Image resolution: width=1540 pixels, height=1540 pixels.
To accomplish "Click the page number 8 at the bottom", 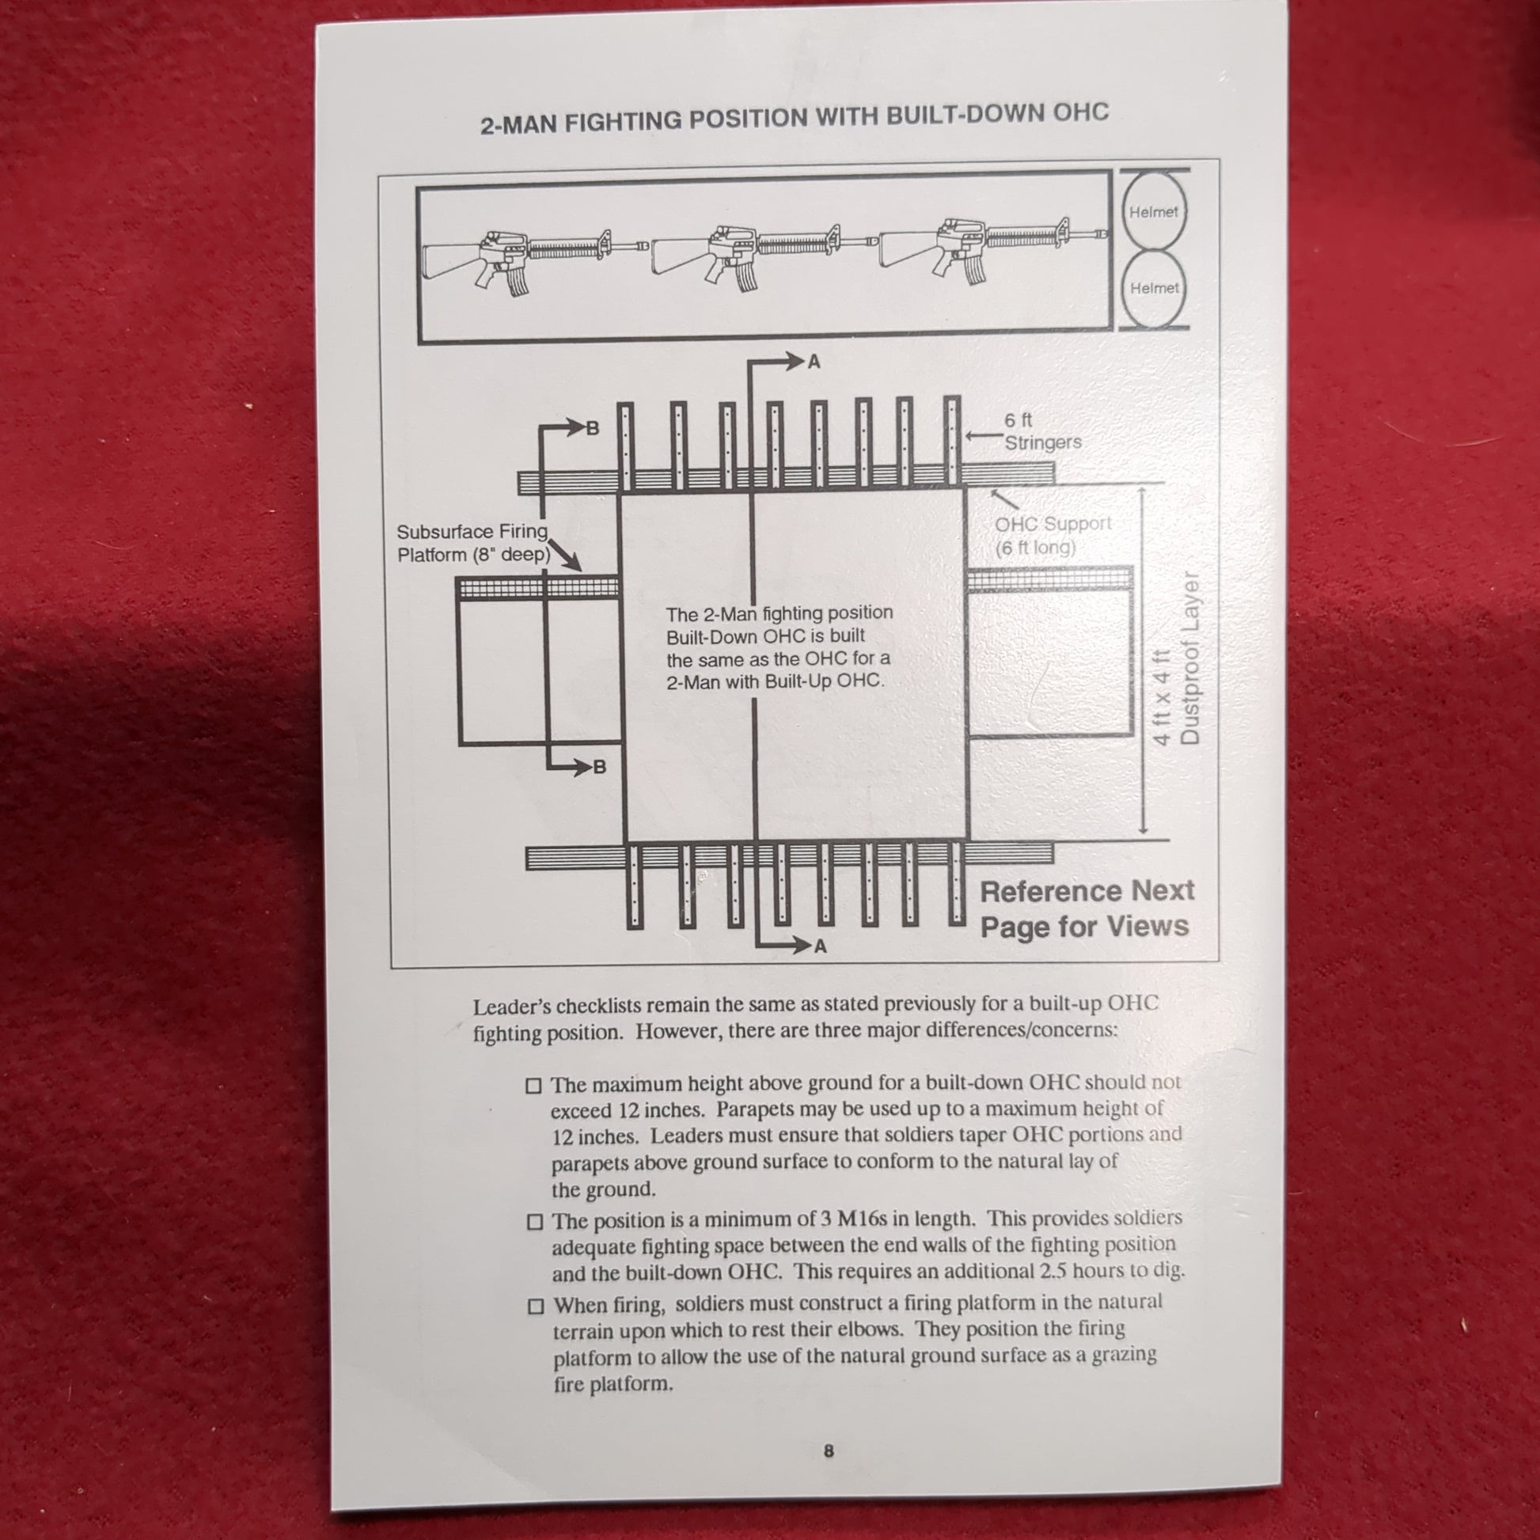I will tap(829, 1451).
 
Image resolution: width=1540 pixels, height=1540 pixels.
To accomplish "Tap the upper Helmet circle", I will tap(1152, 211).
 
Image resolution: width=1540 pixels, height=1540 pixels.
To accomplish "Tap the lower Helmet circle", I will tap(1153, 288).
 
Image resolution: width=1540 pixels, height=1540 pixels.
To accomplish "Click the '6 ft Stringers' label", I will tap(1041, 431).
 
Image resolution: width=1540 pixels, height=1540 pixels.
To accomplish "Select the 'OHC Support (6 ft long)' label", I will tap(1053, 535).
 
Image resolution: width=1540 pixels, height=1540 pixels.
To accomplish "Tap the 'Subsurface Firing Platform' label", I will tap(472, 542).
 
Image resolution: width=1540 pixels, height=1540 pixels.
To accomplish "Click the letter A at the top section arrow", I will tap(814, 362).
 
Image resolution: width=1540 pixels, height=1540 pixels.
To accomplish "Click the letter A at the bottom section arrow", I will tap(820, 947).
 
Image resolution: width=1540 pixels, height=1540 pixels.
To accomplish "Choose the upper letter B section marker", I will tap(592, 428).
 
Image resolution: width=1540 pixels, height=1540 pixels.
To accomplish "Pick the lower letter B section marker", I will tap(599, 768).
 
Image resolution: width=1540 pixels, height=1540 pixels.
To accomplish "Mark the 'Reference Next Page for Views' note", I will tap(1087, 908).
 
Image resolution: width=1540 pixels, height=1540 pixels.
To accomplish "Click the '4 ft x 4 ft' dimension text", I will tap(1163, 697).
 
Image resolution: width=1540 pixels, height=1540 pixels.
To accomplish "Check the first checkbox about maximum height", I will tap(533, 1086).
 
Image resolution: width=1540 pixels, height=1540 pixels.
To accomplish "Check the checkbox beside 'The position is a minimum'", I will tap(535, 1222).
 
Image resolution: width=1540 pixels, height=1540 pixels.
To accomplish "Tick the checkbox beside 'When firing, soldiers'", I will tap(537, 1307).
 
